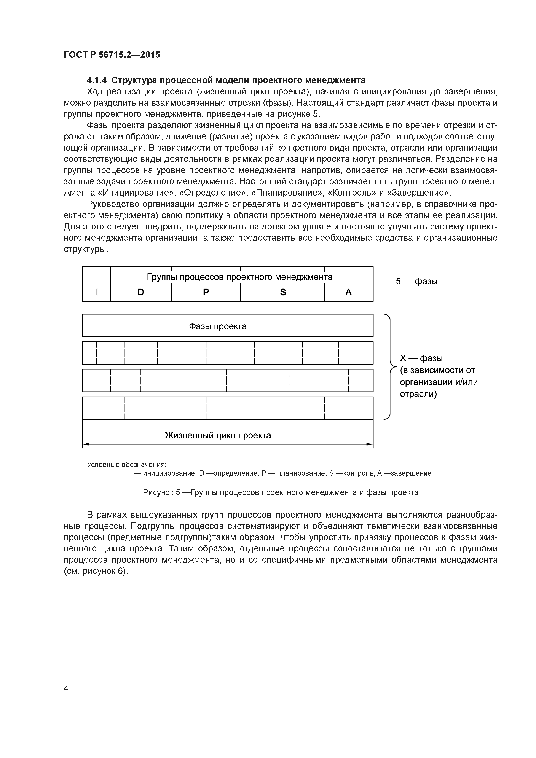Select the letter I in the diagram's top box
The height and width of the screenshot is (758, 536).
pos(97,292)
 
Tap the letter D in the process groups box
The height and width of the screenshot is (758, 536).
pos(141,292)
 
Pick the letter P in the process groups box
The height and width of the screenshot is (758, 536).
pos(206,292)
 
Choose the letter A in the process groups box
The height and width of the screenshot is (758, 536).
pos(348,292)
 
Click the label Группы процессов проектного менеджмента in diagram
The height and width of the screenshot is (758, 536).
pos(239,277)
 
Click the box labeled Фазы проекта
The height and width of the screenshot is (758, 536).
pos(218,326)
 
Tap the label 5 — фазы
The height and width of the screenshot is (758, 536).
pos(416,281)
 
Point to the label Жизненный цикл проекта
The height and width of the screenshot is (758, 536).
pos(218,435)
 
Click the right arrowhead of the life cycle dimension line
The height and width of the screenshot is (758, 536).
pos(370,444)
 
